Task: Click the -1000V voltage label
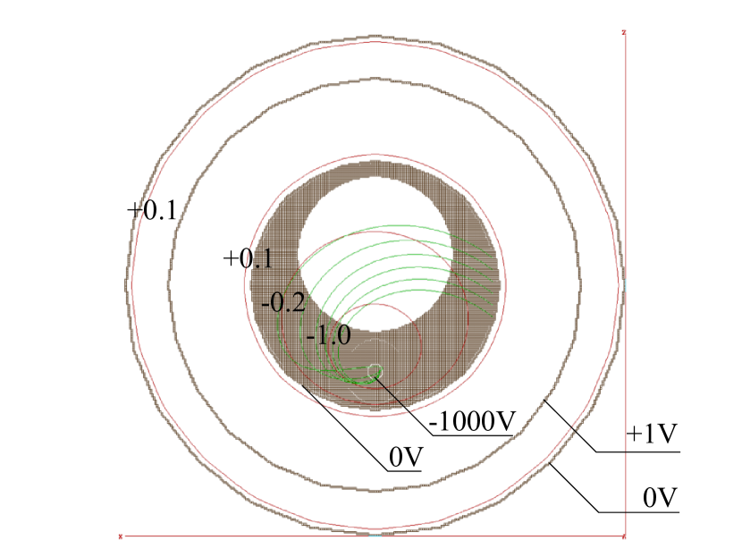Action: [x=471, y=421]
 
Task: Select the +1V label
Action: [x=652, y=434]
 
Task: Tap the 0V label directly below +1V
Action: [x=660, y=497]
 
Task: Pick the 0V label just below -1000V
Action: [x=406, y=457]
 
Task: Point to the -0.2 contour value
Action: [x=283, y=302]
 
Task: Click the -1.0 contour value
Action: [x=328, y=335]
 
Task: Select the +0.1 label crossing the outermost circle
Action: [x=152, y=211]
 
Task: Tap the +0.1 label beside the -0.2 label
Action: [x=248, y=259]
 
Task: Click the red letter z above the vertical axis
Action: [x=624, y=32]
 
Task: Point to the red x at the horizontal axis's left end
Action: [x=120, y=536]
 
